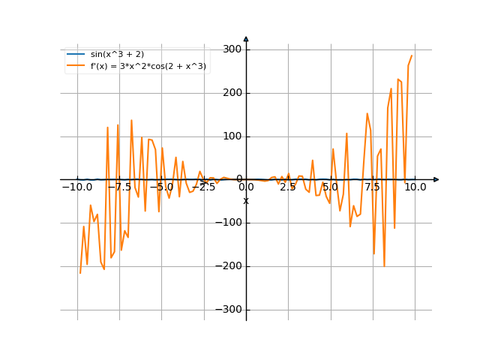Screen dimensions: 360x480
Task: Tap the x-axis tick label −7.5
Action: pos(121,187)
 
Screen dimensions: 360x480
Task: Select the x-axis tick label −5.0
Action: pos(163,187)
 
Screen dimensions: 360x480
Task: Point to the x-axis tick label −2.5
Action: pos(205,187)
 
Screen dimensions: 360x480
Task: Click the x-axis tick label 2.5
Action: pos(288,187)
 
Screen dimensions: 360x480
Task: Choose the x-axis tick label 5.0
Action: pos(330,187)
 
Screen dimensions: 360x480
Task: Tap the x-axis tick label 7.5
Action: pos(373,187)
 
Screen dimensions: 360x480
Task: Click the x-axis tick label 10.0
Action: pos(415,187)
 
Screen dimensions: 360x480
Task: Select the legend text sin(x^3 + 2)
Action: pos(117,54)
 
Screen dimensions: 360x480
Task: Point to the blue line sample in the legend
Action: pos(76,54)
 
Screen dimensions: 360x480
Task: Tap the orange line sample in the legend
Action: pos(76,66)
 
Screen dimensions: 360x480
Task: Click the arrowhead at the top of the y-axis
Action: pos(246,38)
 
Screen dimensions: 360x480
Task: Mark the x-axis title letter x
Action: pos(246,201)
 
